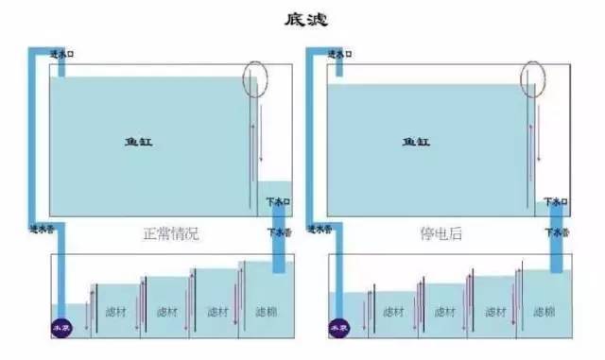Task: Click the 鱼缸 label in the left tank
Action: coord(138,142)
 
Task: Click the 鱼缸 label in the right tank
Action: coord(415,142)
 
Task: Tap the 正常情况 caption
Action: coord(171,231)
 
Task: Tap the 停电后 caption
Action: coord(442,231)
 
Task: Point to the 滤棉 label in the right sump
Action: coord(544,311)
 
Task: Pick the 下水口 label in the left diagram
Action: coord(277,201)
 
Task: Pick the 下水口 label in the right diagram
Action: coord(554,201)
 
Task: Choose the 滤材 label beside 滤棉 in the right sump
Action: coord(493,311)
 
